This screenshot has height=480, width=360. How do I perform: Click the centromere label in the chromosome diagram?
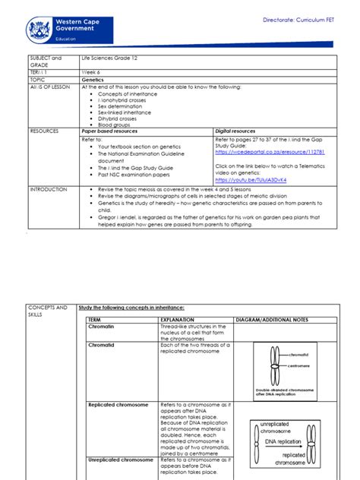point(299,365)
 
